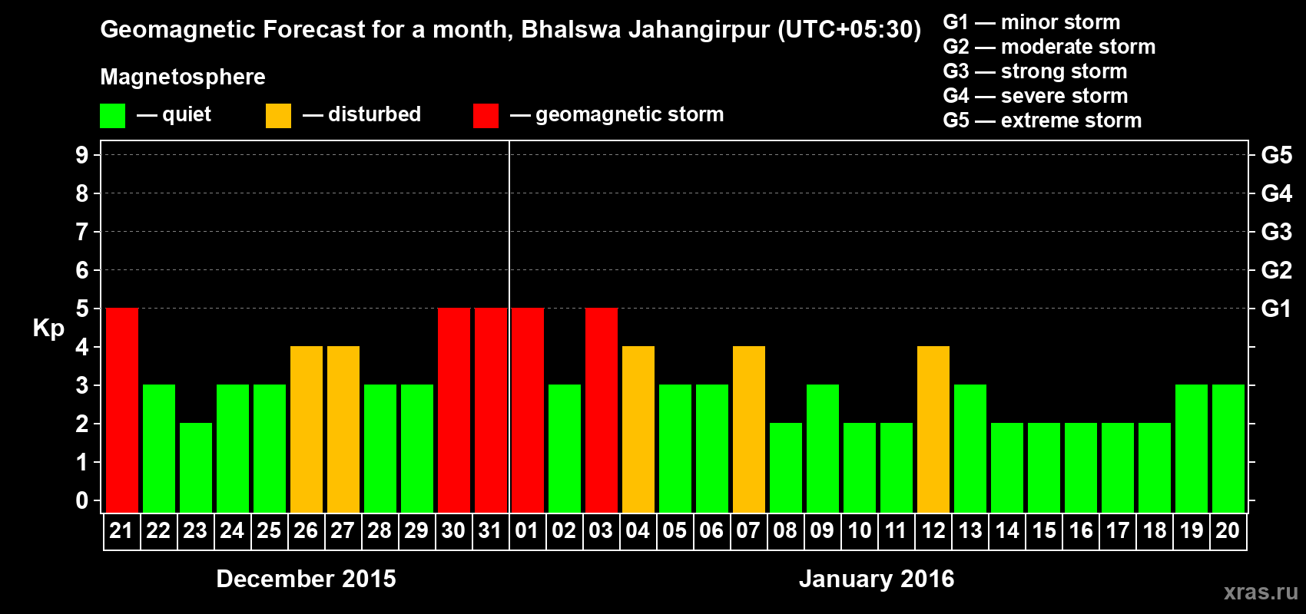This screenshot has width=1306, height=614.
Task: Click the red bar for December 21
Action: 122,410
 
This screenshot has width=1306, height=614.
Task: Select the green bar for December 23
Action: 196,467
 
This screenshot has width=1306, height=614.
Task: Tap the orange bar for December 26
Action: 307,429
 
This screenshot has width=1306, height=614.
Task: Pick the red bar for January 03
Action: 602,410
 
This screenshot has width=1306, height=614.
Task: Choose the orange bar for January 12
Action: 933,429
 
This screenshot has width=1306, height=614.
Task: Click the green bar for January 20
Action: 1228,448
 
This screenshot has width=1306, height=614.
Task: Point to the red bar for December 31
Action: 491,410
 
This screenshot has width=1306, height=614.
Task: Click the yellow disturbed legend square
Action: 278,116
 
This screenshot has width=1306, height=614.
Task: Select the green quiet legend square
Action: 112,116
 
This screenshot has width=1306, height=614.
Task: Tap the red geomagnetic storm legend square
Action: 486,116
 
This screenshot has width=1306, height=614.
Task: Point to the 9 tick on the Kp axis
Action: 82,155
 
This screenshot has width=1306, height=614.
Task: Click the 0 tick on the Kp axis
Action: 82,501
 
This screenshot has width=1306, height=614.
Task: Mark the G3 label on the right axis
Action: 1276,232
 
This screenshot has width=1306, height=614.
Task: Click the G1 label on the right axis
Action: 1276,309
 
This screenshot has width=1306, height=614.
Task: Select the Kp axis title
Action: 48,328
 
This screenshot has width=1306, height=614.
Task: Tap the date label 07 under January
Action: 748,530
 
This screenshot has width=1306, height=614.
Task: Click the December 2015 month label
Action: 306,579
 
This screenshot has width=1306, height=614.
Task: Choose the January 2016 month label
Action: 877,579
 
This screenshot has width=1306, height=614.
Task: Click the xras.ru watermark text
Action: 1260,592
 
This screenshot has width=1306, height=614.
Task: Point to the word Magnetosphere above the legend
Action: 183,77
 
